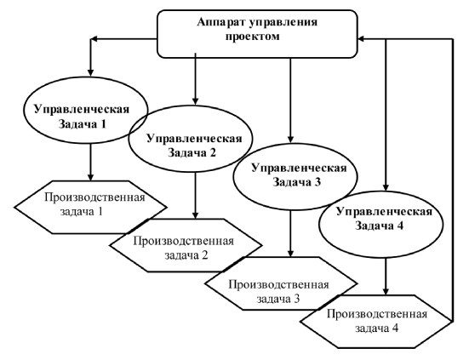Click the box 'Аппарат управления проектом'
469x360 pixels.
(257, 34)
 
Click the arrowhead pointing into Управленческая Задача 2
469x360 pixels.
(195, 101)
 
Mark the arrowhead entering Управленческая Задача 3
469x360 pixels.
(290, 139)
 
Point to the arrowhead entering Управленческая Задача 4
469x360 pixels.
(386, 187)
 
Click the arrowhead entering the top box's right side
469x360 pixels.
(362, 39)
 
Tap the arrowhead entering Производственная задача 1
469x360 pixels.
(90, 177)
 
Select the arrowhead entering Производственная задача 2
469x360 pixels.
(195, 215)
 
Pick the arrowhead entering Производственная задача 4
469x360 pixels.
(386, 291)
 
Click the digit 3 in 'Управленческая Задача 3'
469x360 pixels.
(317, 182)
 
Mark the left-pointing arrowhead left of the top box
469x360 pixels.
(94, 39)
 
